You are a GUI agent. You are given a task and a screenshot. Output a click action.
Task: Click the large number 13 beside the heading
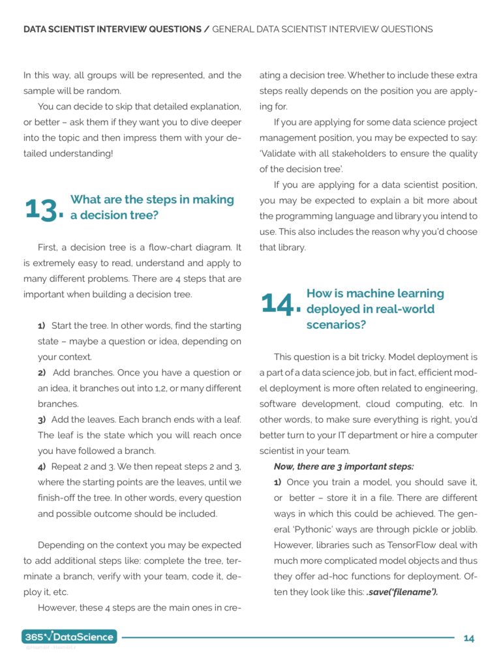(43, 209)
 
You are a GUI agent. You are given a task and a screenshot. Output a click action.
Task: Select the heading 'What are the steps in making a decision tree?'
(151, 207)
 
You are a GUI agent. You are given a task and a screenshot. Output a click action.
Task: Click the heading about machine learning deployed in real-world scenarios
(375, 309)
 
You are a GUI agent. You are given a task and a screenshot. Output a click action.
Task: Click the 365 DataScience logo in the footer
(69, 637)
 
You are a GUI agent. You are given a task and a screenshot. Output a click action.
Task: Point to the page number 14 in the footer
(468, 638)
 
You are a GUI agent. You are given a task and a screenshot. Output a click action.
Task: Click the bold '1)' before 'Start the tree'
(41, 326)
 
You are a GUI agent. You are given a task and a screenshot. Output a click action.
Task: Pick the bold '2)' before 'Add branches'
(41, 372)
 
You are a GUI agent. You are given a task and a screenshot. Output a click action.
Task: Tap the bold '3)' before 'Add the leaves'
(41, 419)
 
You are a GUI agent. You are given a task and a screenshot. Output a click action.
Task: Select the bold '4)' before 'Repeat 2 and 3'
(41, 466)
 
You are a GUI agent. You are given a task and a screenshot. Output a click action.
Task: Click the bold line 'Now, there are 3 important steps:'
(344, 466)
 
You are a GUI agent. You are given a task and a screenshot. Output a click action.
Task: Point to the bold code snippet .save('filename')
(402, 592)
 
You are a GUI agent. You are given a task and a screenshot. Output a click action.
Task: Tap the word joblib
(463, 529)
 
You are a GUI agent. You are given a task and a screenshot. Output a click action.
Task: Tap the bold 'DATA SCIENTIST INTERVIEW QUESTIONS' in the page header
(112, 29)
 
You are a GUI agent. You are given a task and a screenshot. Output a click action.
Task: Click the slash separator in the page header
(207, 29)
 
